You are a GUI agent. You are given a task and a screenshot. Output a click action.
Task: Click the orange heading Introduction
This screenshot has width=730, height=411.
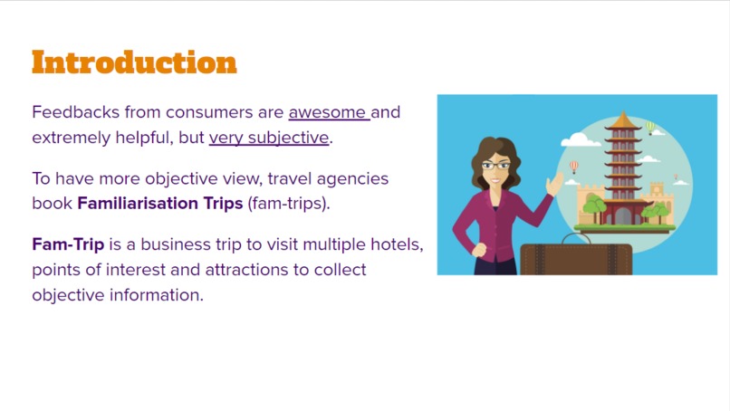pos(134,62)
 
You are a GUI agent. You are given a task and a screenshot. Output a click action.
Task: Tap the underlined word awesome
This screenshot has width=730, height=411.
pos(328,113)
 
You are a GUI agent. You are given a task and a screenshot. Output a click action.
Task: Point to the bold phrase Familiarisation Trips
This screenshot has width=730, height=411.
pos(160,203)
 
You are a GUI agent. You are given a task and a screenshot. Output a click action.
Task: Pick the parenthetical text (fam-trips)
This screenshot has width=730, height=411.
pos(288,203)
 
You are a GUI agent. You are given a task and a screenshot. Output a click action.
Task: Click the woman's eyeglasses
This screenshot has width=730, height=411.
pos(495,166)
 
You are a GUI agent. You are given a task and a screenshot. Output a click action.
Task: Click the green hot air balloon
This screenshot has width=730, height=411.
pos(650,127)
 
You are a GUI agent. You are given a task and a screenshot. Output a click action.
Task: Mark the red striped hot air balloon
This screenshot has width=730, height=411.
pos(574,167)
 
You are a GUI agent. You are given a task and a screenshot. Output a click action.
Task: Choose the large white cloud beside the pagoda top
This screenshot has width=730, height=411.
pos(576,140)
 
